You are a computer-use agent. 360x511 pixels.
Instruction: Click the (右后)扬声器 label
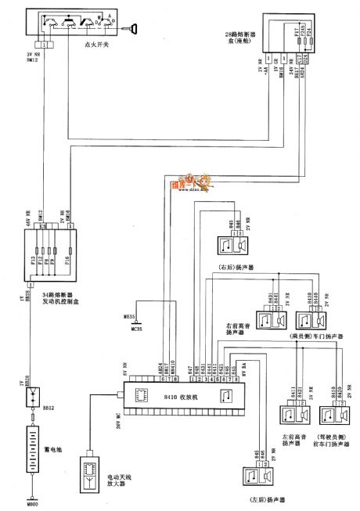tap(239, 276)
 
